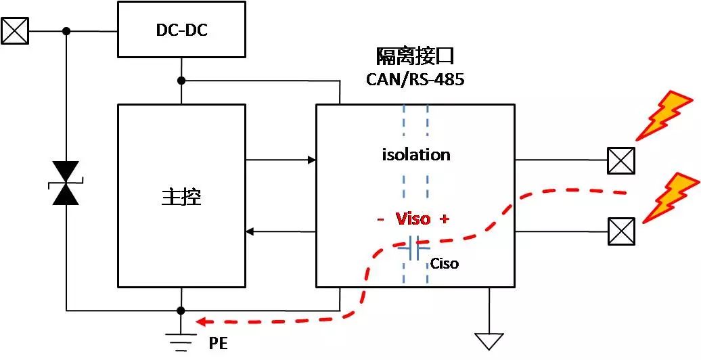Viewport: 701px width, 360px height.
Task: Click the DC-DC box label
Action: click(x=181, y=30)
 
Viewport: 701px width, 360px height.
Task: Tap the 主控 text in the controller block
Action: click(x=181, y=196)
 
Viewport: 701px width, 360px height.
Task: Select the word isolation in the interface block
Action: click(x=415, y=155)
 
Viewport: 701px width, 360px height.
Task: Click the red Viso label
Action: click(x=413, y=219)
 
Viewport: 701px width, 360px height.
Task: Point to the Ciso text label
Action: click(x=444, y=263)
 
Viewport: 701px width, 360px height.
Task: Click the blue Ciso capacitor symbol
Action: click(x=415, y=248)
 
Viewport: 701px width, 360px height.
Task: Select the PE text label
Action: click(x=219, y=344)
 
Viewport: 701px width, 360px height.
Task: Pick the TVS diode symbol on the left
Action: click(x=66, y=183)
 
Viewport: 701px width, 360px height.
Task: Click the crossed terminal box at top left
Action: click(x=16, y=30)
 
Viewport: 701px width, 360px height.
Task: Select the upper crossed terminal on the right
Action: click(x=620, y=161)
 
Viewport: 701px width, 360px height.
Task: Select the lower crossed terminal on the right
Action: click(x=620, y=231)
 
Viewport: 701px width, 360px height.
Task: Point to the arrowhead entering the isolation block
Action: click(x=311, y=160)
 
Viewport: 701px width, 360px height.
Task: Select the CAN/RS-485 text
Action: click(x=415, y=79)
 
